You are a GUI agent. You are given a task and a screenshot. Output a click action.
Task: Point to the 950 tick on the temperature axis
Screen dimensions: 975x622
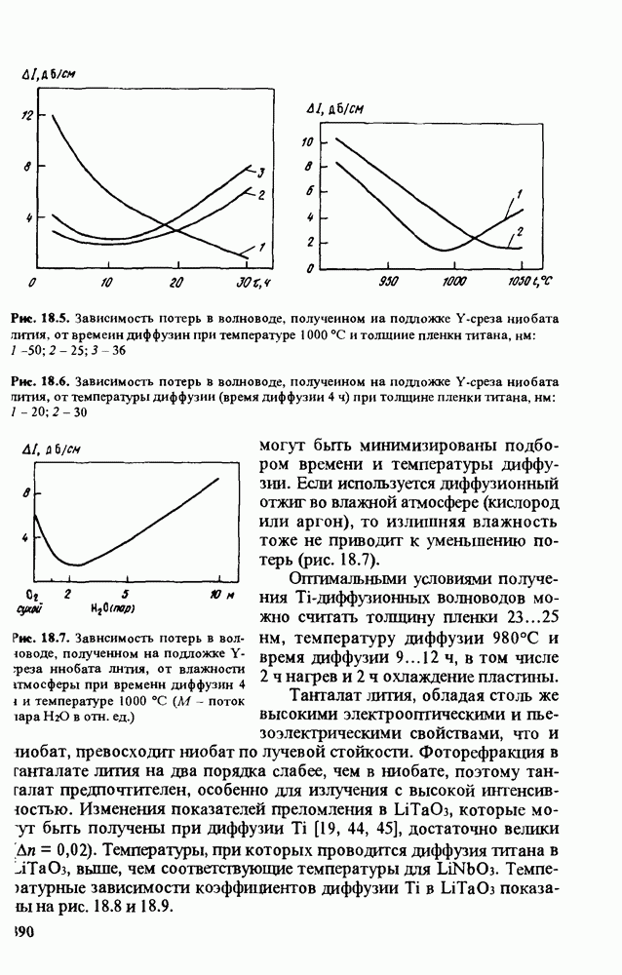(388, 283)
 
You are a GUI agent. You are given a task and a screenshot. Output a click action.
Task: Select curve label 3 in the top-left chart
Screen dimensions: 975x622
(261, 172)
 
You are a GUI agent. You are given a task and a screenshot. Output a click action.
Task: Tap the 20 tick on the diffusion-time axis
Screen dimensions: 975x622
(175, 283)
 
